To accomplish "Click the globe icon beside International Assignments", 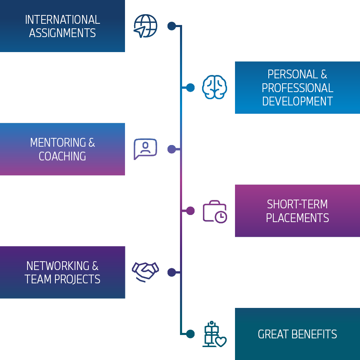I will (x=145, y=26).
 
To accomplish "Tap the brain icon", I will (x=215, y=87).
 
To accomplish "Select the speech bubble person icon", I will (x=145, y=149).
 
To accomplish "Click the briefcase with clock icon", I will (x=215, y=211).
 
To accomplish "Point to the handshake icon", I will (x=145, y=271).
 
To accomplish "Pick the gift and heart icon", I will (x=214, y=334).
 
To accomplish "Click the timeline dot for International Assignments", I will (x=172, y=26).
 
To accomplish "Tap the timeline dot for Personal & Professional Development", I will (x=190, y=87).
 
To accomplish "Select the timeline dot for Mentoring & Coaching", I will (x=172, y=149).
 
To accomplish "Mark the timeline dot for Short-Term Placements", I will (x=190, y=211).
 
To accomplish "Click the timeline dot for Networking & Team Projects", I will (x=172, y=272).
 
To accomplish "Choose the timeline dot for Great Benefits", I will (x=190, y=334).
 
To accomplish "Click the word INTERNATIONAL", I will (x=62, y=20).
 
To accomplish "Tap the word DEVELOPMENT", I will (x=297, y=101).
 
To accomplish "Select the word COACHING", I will (x=62, y=156).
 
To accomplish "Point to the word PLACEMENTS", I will (x=297, y=218).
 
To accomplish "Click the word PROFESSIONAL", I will (x=297, y=88).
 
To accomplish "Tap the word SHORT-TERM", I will (x=297, y=204).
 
